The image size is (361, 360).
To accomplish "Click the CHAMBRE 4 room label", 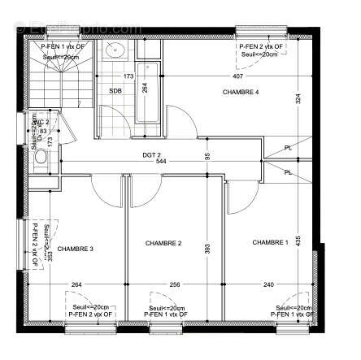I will point(240,93).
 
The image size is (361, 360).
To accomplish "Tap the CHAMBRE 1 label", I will point(269,242).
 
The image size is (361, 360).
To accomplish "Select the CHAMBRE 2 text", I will point(163,243).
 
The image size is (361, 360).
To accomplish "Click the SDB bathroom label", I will point(115,91).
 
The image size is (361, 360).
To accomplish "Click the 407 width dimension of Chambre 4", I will point(237,76).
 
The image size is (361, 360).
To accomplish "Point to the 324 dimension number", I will point(299,99).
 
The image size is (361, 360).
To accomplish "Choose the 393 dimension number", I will point(208,247).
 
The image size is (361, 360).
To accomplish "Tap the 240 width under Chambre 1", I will point(269,284).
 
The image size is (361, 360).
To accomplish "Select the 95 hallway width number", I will point(208,155).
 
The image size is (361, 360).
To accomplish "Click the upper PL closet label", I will point(288,147).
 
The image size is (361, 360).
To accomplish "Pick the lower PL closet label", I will point(288,172).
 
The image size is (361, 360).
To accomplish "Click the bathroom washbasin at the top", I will point(115,50).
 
